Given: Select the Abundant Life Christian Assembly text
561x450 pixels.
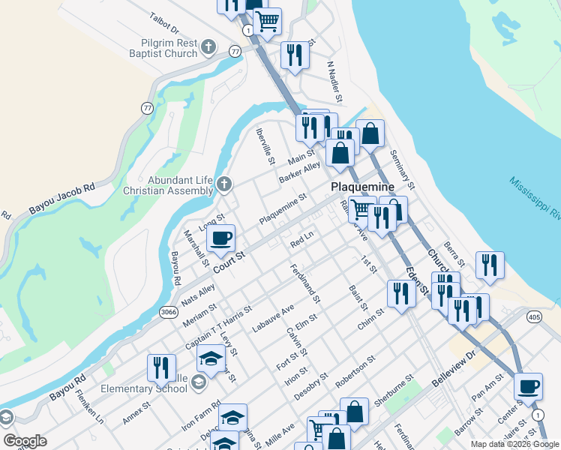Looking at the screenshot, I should click(x=170, y=185).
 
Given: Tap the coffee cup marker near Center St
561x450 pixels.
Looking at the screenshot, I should click(x=528, y=387).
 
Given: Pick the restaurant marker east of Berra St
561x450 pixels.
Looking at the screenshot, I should click(x=490, y=265).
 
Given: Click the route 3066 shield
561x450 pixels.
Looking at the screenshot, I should click(x=168, y=310).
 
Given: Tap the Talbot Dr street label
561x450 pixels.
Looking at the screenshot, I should click(x=165, y=23).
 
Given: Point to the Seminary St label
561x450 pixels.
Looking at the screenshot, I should click(x=403, y=169).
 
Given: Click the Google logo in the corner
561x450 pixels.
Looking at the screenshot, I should click(x=25, y=441).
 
